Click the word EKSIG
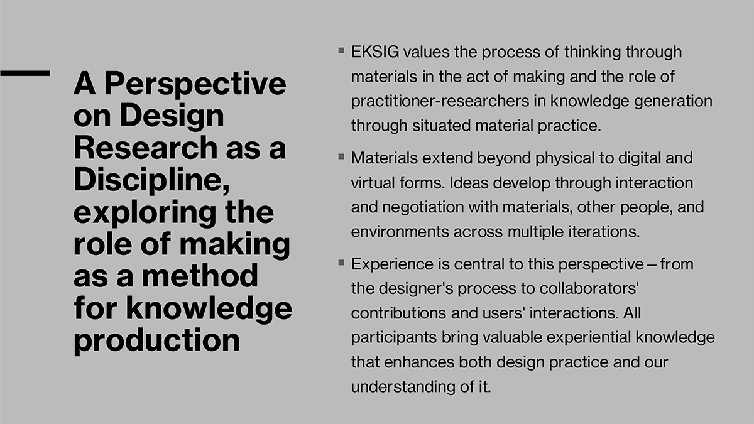[x=375, y=52]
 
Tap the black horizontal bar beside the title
[x=25, y=73]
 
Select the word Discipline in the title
[x=148, y=180]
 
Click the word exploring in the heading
[x=145, y=213]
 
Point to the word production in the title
[x=157, y=340]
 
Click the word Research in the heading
[x=145, y=148]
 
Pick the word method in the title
[x=200, y=275]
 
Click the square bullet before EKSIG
[x=341, y=50]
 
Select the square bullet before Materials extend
[x=341, y=156]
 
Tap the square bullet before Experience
[x=341, y=263]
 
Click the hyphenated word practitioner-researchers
[x=440, y=101]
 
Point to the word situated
[x=441, y=126]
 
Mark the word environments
[x=400, y=232]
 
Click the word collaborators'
[x=589, y=288]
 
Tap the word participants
[x=394, y=338]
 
